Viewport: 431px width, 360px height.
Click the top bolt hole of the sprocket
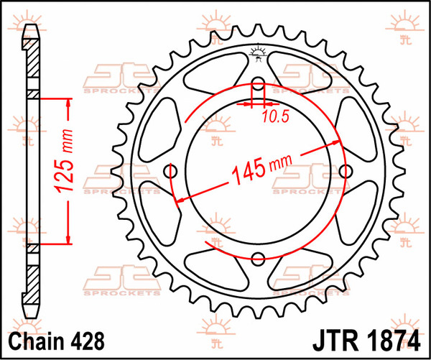click(x=259, y=83)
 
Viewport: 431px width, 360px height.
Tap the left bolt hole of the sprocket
click(x=171, y=171)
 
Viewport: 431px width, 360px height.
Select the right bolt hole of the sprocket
click(x=346, y=171)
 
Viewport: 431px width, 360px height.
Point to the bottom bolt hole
click(x=259, y=259)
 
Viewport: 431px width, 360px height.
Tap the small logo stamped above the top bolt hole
click(x=259, y=52)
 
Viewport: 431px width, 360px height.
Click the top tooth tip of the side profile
click(x=31, y=29)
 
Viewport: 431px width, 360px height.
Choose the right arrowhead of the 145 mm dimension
click(x=336, y=144)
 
